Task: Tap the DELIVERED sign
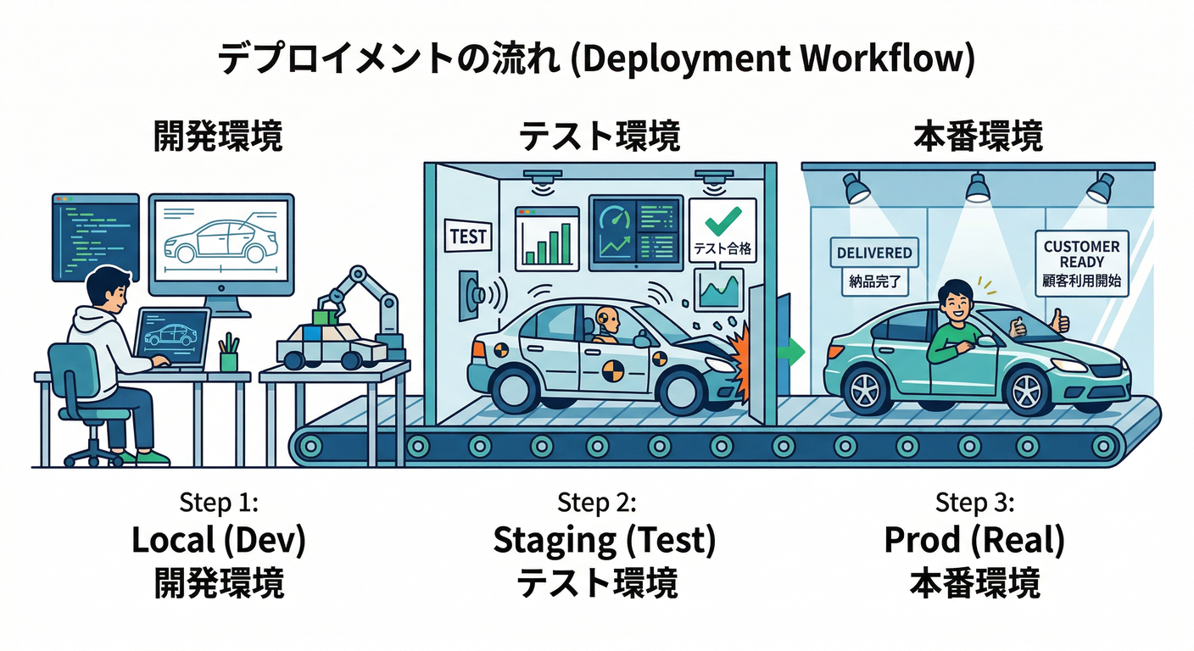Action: pos(873,253)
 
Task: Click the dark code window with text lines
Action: pos(95,236)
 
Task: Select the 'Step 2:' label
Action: pos(596,503)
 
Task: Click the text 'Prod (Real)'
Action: pos(974,540)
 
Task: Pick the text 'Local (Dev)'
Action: pos(218,540)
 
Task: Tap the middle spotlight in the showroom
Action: pos(978,186)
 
